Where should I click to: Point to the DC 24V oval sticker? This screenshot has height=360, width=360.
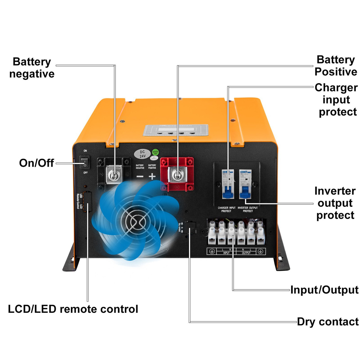[x=142, y=154]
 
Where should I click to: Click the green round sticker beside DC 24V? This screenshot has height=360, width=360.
[x=155, y=152]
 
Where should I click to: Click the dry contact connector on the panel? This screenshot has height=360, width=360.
[x=191, y=228]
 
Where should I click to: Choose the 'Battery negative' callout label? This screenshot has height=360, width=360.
[x=32, y=68]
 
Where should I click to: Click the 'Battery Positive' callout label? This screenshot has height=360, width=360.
[x=336, y=66]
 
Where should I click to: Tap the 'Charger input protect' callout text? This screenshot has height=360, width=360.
[x=336, y=100]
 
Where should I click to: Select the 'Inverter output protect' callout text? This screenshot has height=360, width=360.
[x=335, y=203]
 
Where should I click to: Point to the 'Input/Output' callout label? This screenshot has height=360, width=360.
[x=324, y=290]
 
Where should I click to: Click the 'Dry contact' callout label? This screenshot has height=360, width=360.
[x=328, y=322]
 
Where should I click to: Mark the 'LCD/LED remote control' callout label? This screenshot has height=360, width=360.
[x=73, y=309]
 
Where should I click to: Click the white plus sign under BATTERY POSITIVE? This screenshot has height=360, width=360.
[x=152, y=177]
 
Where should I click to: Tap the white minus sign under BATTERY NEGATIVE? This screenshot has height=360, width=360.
[x=140, y=177]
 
